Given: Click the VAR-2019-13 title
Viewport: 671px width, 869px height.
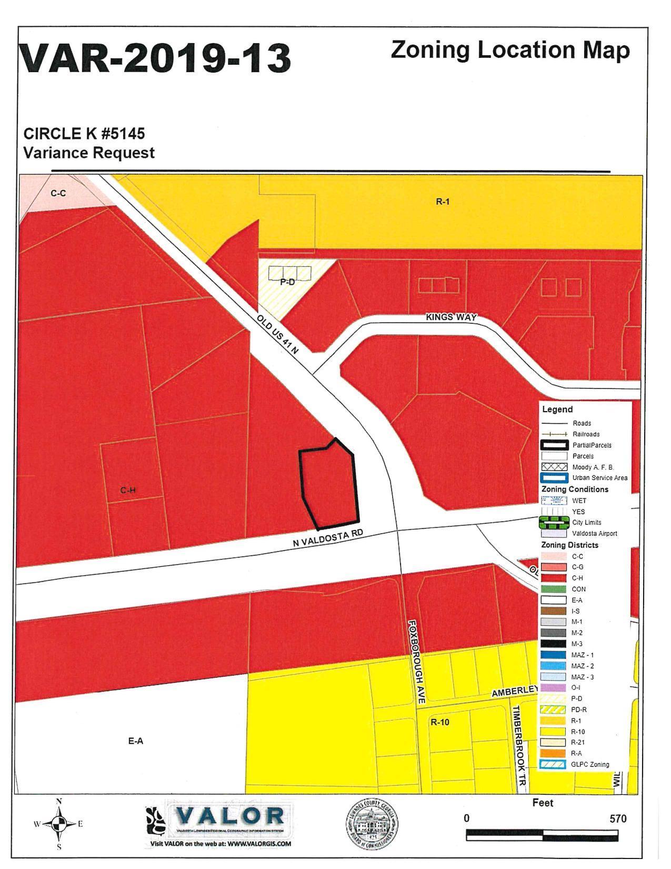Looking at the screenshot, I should tap(155, 58).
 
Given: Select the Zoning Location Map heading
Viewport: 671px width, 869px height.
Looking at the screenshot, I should tap(510, 51).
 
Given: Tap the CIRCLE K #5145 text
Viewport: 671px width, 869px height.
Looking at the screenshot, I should tap(84, 134).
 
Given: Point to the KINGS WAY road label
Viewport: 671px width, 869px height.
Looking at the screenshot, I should tap(451, 317).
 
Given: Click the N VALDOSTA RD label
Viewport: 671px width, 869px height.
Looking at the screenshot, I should tap(328, 540).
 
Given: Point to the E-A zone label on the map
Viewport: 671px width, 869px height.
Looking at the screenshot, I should tap(135, 741).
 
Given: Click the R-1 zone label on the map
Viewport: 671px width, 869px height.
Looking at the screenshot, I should tap(443, 202).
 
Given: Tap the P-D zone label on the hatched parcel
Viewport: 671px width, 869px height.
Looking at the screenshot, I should tap(287, 282).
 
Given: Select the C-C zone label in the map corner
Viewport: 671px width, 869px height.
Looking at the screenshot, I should tap(58, 193).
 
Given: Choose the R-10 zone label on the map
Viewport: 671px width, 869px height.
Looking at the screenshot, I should tap(440, 722).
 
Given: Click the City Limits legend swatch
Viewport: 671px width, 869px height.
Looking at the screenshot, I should tap(554, 523).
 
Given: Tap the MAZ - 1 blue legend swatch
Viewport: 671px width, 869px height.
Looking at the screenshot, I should tap(554, 655).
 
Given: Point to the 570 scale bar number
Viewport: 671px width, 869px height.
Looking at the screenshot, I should tap(618, 819).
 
